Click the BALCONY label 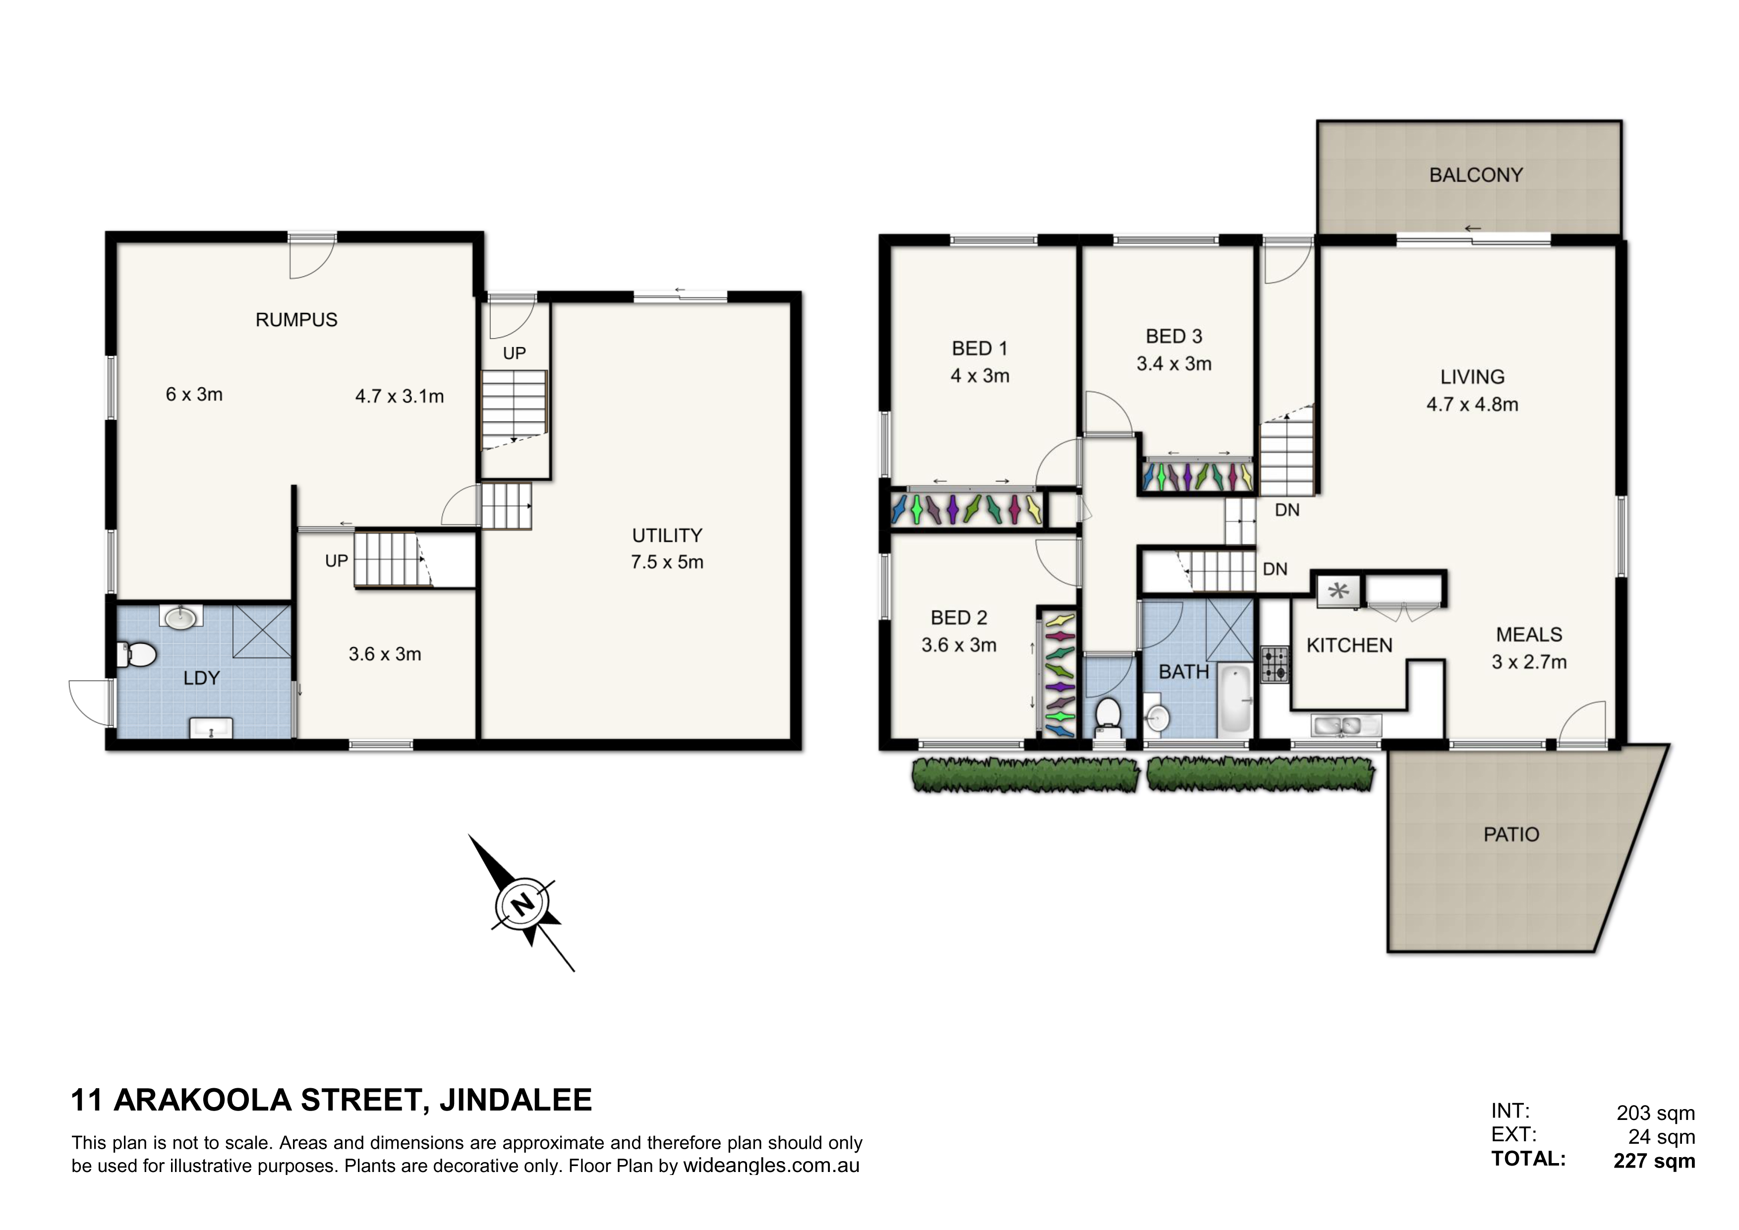1475,175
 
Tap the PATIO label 1511,835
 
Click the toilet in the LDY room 137,654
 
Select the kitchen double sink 1340,726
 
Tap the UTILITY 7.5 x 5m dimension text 667,562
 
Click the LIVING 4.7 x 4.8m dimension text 1472,405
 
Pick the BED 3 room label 1174,336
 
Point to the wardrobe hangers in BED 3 1198,475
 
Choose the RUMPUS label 296,320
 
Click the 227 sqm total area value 1654,1161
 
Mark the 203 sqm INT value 1656,1113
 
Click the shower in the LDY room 261,631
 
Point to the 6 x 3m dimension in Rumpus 194,395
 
